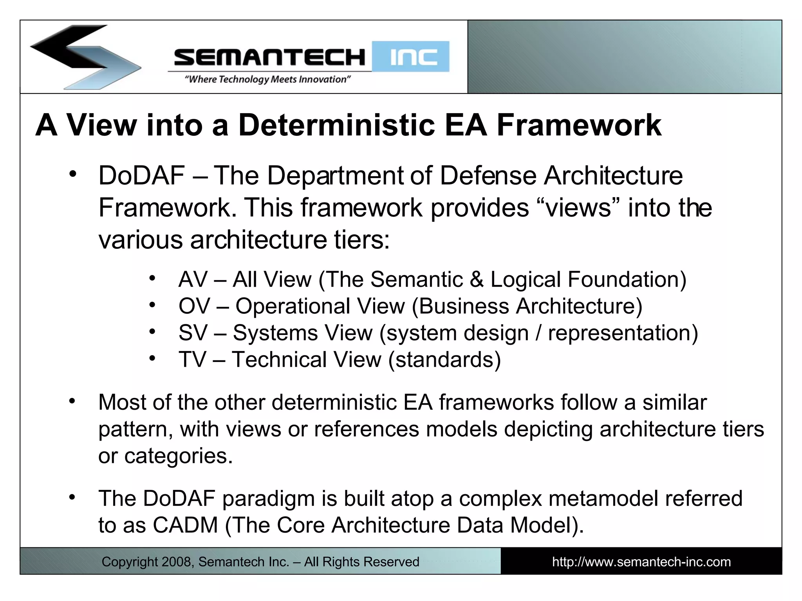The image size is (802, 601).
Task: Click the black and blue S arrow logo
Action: click(84, 57)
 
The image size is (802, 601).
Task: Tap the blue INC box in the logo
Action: click(410, 57)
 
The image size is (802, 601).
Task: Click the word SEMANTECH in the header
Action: click(269, 57)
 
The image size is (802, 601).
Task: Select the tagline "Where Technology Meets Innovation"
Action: click(267, 79)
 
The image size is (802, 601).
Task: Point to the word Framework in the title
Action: click(579, 125)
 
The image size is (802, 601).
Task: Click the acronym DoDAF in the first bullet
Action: click(141, 176)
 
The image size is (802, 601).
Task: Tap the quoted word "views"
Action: click(578, 208)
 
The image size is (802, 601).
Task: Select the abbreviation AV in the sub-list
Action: click(193, 280)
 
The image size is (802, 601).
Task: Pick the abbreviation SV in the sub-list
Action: click(193, 333)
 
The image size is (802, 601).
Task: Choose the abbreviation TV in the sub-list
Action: click(192, 360)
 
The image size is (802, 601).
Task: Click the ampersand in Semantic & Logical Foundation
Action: click(476, 280)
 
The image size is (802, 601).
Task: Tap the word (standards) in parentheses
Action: click(444, 360)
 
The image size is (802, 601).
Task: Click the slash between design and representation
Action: click(538, 333)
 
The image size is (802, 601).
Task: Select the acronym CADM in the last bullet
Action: click(185, 525)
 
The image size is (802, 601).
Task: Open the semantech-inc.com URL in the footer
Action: click(641, 562)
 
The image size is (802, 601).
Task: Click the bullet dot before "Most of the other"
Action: click(72, 401)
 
